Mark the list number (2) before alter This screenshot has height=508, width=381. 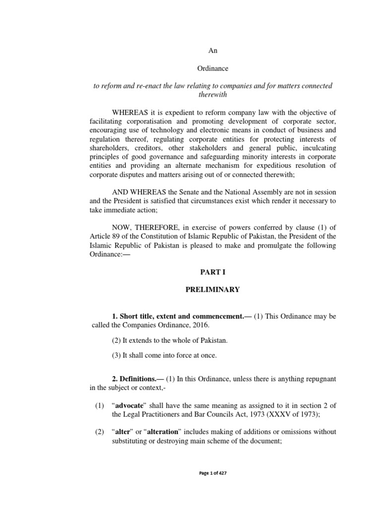(x=99, y=433)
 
